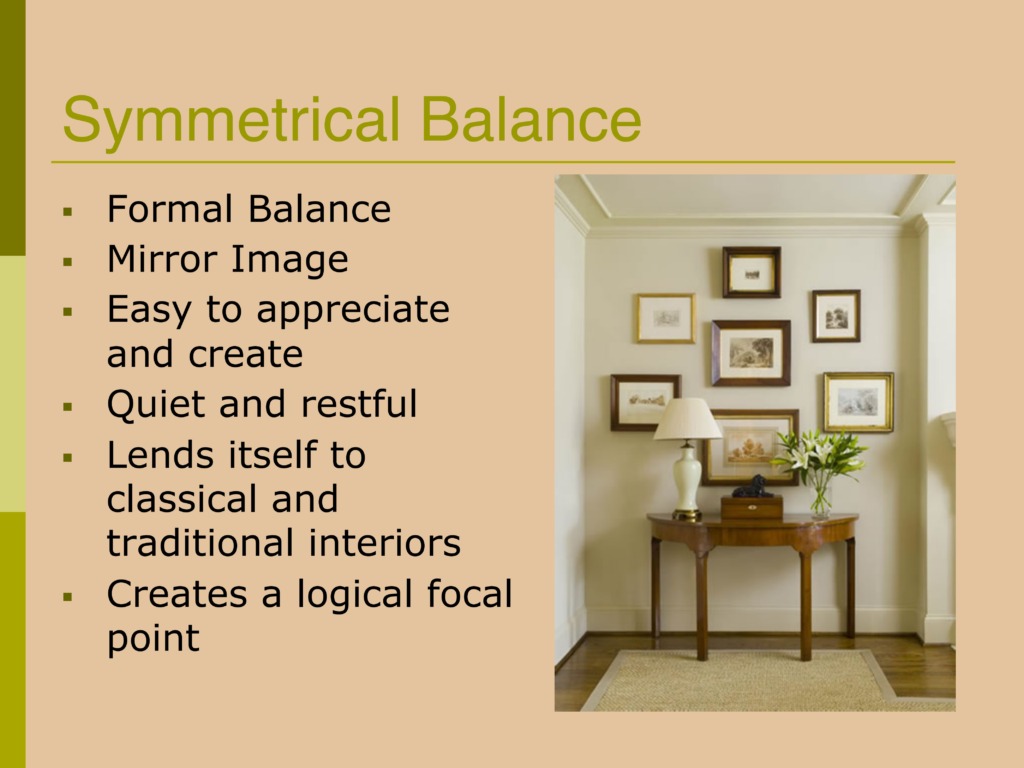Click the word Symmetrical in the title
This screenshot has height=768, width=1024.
(x=231, y=121)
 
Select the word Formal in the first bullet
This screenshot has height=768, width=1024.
(x=170, y=209)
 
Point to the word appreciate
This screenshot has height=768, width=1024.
(x=353, y=311)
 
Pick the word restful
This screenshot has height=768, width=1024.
(x=359, y=403)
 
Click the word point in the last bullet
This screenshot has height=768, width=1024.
(x=153, y=639)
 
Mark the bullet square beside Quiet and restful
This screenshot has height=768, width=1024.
(x=67, y=407)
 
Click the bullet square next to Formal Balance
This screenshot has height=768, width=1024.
(x=67, y=212)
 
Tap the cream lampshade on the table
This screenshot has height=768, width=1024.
(x=688, y=419)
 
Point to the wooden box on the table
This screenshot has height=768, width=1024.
(x=752, y=507)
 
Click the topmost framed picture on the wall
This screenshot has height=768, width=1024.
(x=752, y=272)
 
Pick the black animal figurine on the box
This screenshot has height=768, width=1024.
(x=754, y=487)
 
